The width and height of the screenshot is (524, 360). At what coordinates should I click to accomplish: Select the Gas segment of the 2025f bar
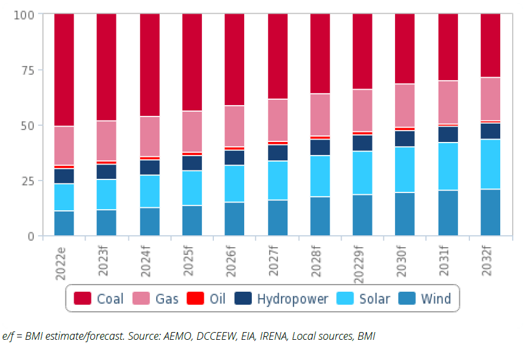tap(192, 131)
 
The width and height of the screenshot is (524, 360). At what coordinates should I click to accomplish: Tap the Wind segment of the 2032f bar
tap(490, 212)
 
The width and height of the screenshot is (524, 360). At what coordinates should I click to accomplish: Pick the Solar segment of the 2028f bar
tap(320, 176)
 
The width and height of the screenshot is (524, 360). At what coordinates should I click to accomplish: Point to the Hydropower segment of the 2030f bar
tap(405, 138)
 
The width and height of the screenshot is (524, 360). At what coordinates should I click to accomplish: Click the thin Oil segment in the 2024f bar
tap(150, 158)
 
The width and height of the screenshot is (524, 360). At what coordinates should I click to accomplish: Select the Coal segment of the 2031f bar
tap(447, 47)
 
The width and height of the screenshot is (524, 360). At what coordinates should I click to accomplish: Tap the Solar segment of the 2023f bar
tap(107, 194)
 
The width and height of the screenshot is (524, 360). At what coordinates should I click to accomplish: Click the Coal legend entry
tap(99, 298)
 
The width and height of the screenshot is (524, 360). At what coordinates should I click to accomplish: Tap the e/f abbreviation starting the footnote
tap(8, 337)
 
